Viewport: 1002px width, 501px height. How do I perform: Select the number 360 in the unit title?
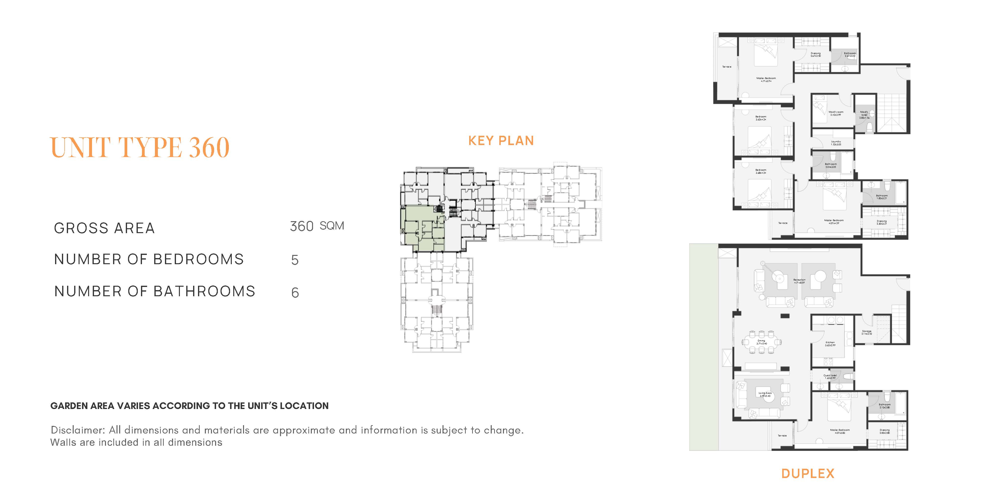tap(209, 148)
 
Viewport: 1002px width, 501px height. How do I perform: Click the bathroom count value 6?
tap(295, 293)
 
